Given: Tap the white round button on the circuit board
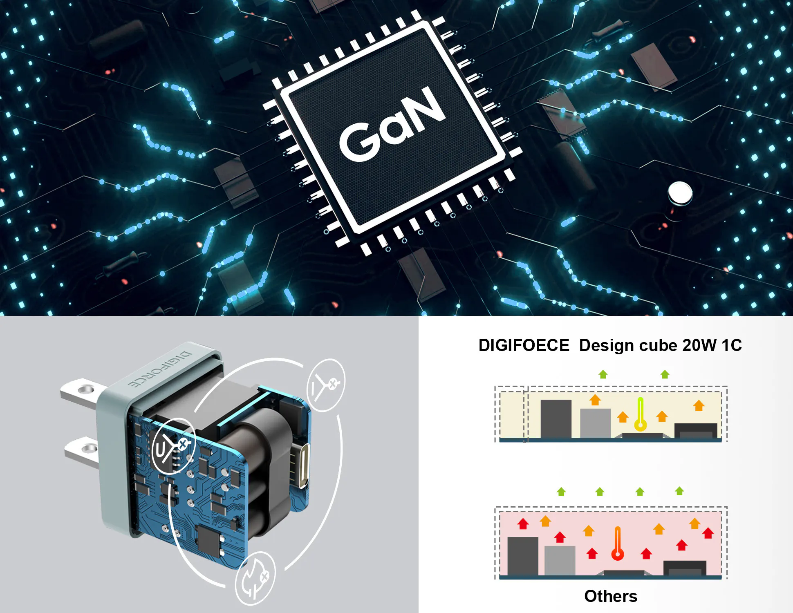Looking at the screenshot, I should pos(680,192).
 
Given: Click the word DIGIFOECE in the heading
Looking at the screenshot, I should pos(524,345).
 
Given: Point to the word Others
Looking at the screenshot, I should pos(611,596).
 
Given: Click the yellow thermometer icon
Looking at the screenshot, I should pos(641,414).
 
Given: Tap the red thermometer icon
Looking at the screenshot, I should pos(618,543).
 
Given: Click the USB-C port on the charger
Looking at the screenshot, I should pos(303,465).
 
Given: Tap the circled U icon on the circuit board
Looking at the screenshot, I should pos(173,446).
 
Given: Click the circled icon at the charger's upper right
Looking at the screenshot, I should pos(326,385).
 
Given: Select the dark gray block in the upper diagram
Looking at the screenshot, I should pos(556,418).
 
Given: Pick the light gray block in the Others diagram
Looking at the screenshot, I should pos(560,560).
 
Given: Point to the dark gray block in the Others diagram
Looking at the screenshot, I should pos(522,556).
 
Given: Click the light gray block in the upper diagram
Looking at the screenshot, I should pos(595,423).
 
